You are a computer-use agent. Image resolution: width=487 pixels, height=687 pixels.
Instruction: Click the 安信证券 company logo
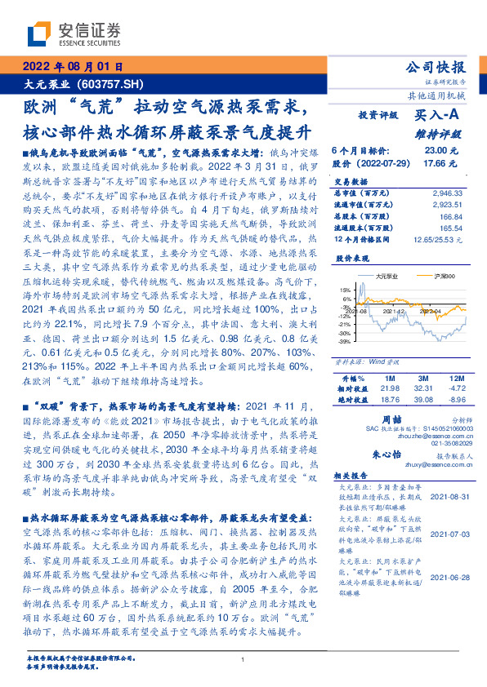pos(74,33)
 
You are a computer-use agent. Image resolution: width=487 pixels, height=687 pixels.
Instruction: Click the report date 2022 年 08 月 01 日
pos(71,67)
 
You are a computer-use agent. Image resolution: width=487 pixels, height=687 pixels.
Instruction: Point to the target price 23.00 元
pos(435,151)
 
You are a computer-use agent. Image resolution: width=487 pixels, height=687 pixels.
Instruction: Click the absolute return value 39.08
pos(422,400)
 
